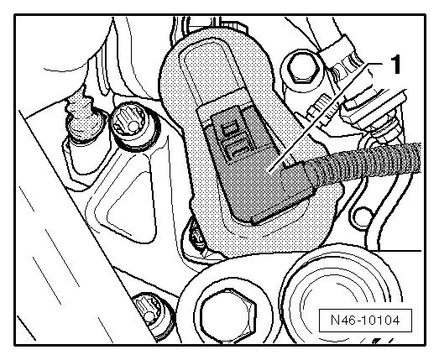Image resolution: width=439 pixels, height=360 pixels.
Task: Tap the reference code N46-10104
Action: [x=365, y=320]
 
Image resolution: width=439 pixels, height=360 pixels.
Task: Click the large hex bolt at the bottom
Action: [x=228, y=316]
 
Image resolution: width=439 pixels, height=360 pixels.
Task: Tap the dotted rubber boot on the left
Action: [x=83, y=117]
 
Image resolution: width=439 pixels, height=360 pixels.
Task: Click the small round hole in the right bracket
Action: [x=363, y=216]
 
